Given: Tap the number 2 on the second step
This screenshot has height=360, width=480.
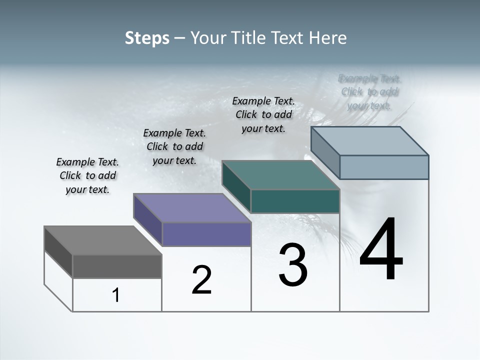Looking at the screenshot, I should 201,280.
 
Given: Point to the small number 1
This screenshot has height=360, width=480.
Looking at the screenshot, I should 116,295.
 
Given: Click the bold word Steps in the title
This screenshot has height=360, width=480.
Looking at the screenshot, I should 147,38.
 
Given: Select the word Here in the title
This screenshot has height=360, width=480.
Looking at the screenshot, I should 328,38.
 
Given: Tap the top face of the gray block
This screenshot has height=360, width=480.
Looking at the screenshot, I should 103,240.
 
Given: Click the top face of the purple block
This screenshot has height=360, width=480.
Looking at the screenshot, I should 192,208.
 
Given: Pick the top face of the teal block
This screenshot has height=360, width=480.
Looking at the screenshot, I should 280,175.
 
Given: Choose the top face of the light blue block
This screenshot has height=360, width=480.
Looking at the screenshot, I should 369,141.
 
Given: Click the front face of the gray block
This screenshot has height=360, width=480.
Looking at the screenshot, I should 117,266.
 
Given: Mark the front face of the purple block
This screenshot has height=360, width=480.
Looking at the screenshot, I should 206,234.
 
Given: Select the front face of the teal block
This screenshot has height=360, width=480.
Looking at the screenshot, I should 295,201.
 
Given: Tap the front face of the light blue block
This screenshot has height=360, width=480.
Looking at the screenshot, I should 384,167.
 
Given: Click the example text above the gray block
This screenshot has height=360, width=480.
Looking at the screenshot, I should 87,175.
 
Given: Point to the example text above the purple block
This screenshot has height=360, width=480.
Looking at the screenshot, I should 174,146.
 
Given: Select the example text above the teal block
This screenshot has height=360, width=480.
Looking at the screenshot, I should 263,114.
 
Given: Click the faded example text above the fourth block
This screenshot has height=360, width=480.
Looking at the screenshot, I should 369,92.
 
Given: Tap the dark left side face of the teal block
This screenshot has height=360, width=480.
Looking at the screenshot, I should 236,185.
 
